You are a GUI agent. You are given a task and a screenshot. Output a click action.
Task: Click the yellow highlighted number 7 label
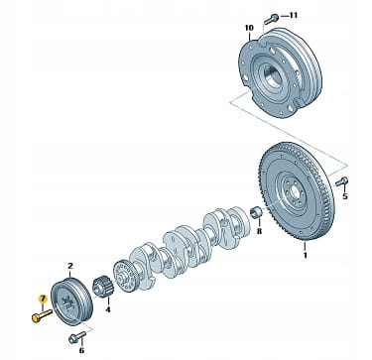coord(43,299)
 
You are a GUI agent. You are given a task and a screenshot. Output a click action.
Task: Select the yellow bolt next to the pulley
coord(42,315)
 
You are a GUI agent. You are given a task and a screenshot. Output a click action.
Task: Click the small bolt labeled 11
coord(271,19)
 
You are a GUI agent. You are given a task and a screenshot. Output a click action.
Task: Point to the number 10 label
coord(249,28)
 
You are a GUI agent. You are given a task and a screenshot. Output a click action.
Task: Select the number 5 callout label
coord(345,196)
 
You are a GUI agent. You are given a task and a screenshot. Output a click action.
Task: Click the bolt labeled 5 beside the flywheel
coord(341,181)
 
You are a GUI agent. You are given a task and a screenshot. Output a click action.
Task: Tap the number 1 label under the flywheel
coord(306,255)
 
